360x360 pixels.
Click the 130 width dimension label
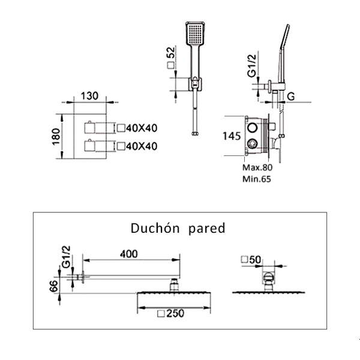89,96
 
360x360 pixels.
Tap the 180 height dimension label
56,136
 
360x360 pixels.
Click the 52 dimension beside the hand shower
171,53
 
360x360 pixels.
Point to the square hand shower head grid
195,34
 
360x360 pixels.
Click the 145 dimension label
232,136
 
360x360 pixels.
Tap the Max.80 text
257,167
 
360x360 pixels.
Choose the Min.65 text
257,179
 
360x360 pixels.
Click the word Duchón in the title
155,229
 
